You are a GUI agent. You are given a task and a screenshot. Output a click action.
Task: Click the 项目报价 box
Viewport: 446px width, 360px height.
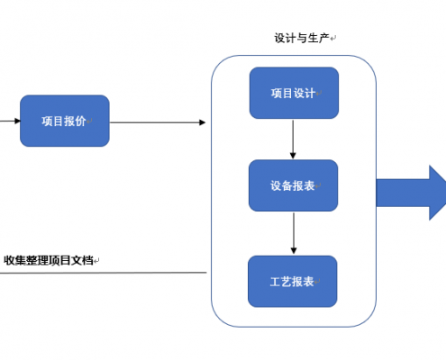[x=65, y=121]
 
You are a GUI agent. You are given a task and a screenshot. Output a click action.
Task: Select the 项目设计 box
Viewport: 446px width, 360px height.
[x=294, y=93]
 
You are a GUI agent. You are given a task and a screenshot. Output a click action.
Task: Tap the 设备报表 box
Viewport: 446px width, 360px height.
[x=294, y=185]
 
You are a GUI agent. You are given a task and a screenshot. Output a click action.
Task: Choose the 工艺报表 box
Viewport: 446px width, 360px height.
[x=293, y=282]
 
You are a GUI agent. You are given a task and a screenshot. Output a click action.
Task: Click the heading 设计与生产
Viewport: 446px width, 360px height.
[x=302, y=38]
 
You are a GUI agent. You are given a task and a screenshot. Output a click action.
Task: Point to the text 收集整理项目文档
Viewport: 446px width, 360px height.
[x=49, y=260]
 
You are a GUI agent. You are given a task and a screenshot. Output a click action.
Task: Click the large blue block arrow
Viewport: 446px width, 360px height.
[x=411, y=193]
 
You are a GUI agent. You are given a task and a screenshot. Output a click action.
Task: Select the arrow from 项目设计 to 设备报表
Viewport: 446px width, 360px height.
[x=293, y=139]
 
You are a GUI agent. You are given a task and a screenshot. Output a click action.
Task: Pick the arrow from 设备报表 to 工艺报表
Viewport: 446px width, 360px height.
[x=294, y=233]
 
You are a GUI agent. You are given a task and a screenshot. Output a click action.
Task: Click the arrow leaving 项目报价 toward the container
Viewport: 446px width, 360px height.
[x=158, y=122]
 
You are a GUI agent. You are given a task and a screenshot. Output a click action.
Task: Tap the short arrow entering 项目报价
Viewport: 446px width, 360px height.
[x=10, y=121]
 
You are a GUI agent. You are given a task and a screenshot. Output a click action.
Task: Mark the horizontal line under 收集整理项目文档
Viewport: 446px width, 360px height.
[x=104, y=273]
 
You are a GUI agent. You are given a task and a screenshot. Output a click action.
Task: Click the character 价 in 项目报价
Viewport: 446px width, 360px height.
[x=80, y=121]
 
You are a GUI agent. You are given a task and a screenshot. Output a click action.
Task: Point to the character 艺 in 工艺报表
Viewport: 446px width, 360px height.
[x=287, y=282]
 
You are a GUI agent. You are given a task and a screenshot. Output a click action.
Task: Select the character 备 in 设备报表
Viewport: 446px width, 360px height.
[x=287, y=185]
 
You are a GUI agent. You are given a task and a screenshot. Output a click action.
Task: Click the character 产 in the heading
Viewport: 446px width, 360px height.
[x=323, y=38]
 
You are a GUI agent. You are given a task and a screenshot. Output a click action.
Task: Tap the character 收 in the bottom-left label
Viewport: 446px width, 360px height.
[x=9, y=260]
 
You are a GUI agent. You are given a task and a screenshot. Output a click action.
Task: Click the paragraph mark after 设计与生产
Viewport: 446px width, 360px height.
[x=333, y=39]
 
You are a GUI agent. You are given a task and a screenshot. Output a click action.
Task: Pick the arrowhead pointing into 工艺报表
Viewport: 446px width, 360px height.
[x=294, y=250]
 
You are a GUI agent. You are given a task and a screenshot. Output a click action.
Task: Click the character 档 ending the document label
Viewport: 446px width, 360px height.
[x=87, y=260]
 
